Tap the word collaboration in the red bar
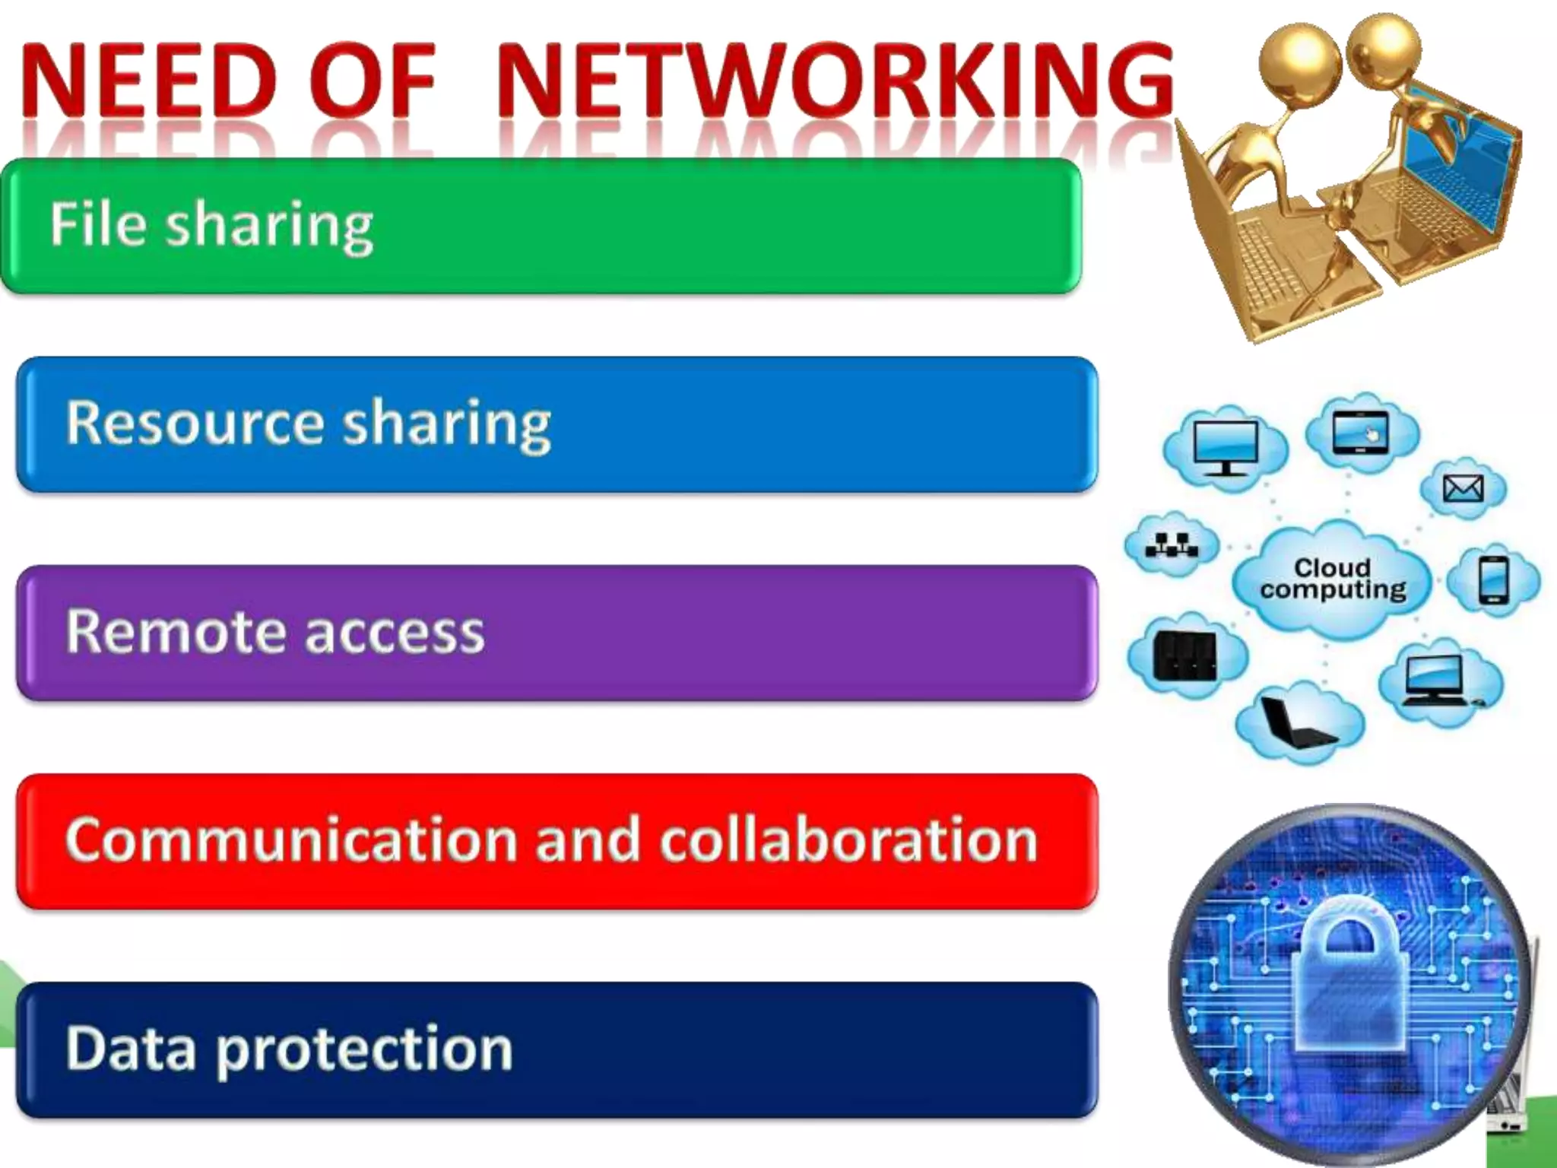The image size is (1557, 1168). (848, 839)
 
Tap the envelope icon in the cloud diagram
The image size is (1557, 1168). (1463, 488)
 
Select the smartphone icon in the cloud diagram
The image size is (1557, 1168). (1493, 581)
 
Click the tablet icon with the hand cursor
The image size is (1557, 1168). (1360, 433)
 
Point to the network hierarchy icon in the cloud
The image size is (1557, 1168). (1172, 544)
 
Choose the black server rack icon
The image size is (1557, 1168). (1184, 656)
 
